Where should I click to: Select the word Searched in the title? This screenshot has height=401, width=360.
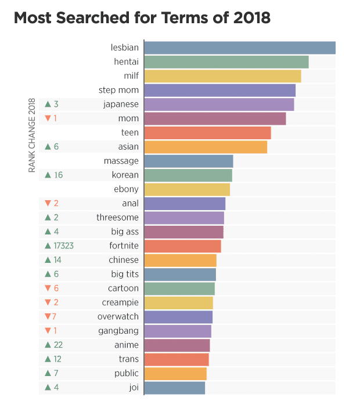(93, 17)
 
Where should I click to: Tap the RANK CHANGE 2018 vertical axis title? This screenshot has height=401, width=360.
(33, 135)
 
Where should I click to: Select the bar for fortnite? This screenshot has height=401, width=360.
(182, 245)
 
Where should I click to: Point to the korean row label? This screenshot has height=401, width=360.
(125, 175)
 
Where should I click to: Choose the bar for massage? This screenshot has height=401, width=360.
(188, 161)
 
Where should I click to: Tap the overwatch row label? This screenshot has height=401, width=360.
(118, 317)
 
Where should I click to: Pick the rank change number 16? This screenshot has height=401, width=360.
(58, 175)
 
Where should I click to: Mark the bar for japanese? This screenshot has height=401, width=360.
(219, 104)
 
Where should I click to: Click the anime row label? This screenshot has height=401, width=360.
(127, 345)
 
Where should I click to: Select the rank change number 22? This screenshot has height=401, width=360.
(58, 345)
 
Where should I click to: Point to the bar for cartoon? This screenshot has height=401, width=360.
(179, 288)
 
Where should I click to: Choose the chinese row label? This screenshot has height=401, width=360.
(124, 260)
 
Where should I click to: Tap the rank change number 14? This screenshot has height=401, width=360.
(57, 260)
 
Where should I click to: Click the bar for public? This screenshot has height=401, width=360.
(175, 373)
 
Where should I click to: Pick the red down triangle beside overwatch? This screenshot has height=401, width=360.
(48, 317)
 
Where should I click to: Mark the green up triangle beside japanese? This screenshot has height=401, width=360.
(48, 104)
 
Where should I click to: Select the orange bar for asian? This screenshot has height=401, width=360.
(206, 147)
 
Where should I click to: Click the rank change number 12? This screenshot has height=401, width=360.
(57, 359)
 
